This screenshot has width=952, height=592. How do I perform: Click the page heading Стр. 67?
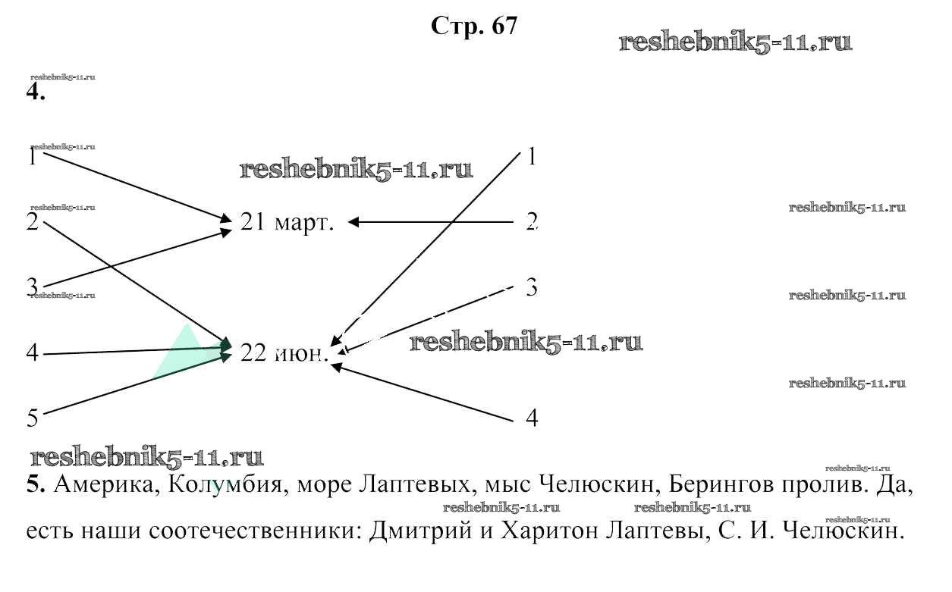click(474, 27)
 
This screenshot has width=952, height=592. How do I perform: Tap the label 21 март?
click(287, 223)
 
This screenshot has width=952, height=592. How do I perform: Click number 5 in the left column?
click(33, 417)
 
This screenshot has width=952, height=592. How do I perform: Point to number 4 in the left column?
click(33, 353)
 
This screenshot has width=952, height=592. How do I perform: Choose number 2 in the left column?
click(33, 224)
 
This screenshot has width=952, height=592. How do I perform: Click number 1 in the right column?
click(532, 157)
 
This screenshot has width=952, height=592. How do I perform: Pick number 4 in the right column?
click(532, 418)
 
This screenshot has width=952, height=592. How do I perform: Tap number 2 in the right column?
click(532, 222)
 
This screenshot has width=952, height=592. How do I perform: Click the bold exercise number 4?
click(35, 94)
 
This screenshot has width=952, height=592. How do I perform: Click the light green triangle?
click(182, 353)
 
